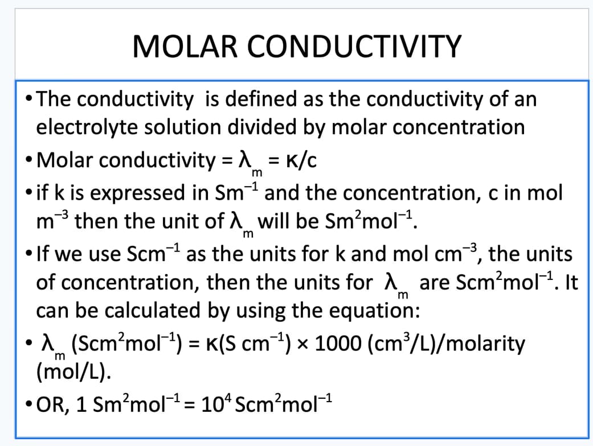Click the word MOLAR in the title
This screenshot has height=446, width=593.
185,47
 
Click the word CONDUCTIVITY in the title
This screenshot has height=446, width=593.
354,47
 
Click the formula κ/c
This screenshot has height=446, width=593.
301,160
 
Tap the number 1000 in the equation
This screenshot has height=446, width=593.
338,344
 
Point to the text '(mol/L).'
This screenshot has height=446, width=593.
73,372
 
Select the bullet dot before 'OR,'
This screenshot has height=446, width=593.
28,404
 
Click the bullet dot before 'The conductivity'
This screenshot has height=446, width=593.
28,98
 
